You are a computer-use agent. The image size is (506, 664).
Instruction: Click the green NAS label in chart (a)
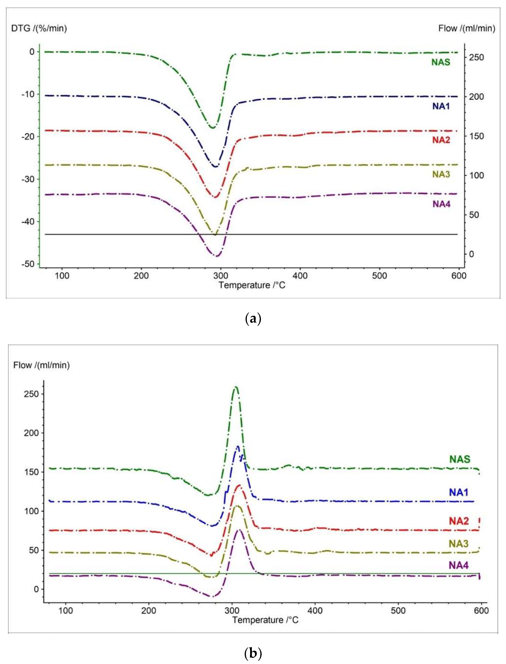click(x=441, y=62)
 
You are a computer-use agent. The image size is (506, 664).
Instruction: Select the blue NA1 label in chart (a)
click(x=441, y=106)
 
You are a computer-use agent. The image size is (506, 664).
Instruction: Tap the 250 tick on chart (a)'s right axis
click(x=476, y=57)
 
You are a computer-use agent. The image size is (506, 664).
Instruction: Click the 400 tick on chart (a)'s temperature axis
click(x=300, y=276)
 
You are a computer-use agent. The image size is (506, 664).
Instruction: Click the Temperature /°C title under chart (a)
click(x=252, y=285)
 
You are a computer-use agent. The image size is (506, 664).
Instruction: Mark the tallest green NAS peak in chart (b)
click(x=236, y=387)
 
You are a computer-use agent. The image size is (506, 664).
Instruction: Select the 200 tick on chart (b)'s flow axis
click(x=31, y=433)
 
